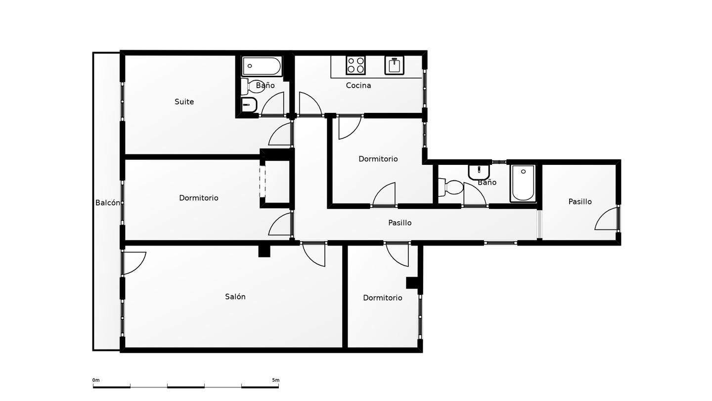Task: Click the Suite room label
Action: click(x=184, y=102)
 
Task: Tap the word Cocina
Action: click(x=358, y=85)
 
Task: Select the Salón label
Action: click(x=235, y=297)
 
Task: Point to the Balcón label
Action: click(x=108, y=203)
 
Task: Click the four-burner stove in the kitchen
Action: click(x=356, y=65)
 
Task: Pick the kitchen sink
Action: click(x=394, y=65)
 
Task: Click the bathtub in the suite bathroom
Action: click(x=262, y=66)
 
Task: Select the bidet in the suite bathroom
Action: click(x=249, y=105)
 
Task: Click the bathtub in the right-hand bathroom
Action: click(x=523, y=183)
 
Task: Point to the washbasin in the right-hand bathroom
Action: click(x=479, y=172)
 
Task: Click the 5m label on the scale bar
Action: click(x=275, y=380)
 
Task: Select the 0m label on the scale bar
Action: click(x=96, y=380)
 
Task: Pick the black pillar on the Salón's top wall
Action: click(x=264, y=251)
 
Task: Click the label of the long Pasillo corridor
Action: click(x=400, y=223)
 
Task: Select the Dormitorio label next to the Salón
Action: click(x=382, y=298)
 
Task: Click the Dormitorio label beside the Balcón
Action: click(x=199, y=198)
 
